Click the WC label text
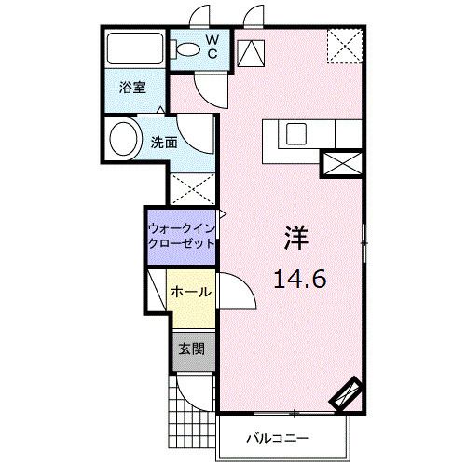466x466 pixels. click(212, 47)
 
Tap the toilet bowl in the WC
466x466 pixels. click(186, 49)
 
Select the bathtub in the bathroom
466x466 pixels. click(135, 48)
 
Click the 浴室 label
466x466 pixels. click(133, 88)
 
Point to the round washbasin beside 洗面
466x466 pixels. click(124, 140)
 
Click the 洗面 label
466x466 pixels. click(164, 143)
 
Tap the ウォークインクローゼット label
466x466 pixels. click(182, 236)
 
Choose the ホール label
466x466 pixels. click(191, 292)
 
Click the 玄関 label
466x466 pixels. click(192, 349)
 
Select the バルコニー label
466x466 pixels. click(278, 438)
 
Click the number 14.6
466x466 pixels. click(300, 279)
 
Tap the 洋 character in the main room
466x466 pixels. click(296, 238)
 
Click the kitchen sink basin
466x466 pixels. click(296, 134)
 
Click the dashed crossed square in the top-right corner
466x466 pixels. click(345, 46)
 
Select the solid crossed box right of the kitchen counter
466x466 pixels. click(342, 163)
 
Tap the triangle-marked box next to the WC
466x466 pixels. click(251, 53)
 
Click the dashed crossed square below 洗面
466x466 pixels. click(193, 188)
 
